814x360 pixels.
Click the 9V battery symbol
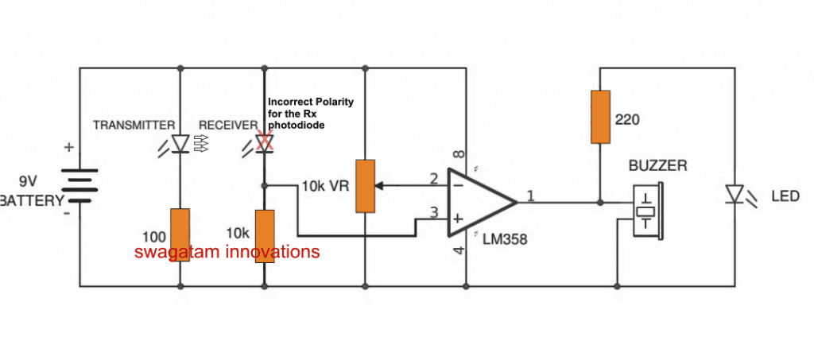[x=79, y=185]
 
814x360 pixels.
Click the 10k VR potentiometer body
[x=365, y=186]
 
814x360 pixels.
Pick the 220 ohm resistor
[x=600, y=117]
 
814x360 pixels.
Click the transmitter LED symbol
[x=180, y=143]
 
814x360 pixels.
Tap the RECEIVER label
[x=228, y=126]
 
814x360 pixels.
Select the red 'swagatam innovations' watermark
[x=227, y=252]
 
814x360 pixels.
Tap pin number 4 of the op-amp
[x=455, y=253]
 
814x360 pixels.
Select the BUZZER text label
[x=658, y=167]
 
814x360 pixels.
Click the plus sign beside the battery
[x=69, y=147]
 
